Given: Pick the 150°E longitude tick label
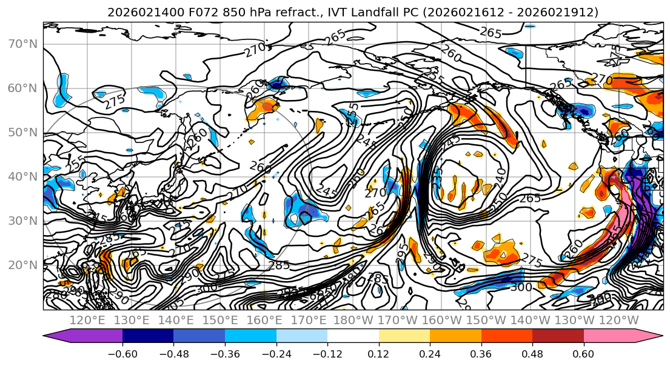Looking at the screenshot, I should [219, 320].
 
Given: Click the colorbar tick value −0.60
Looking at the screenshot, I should [122, 353].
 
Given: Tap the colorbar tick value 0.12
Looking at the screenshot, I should [379, 353].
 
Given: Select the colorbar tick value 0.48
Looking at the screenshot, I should [532, 353].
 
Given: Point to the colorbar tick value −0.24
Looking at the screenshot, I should [276, 353].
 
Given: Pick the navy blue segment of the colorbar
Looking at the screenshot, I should [148, 336].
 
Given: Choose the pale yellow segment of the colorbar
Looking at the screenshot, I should [404, 336].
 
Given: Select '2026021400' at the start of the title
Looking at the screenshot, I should [134, 12].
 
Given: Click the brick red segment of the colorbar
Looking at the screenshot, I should [558, 336].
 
